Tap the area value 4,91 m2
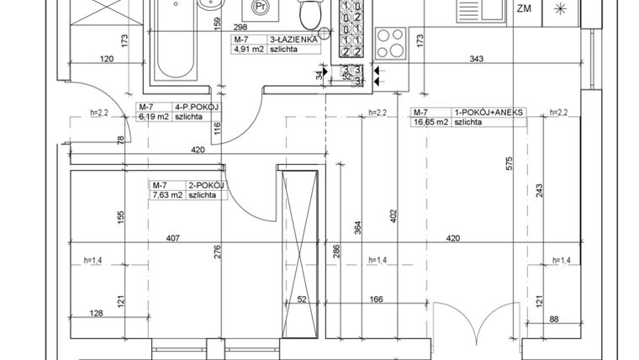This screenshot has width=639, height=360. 247,50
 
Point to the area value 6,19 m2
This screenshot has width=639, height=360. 153,118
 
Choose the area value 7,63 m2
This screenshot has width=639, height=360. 166,194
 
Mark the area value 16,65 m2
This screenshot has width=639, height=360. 430,122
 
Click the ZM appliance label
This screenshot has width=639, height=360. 524,9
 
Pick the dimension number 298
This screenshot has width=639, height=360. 240,28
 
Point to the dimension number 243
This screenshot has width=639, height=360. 539,191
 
